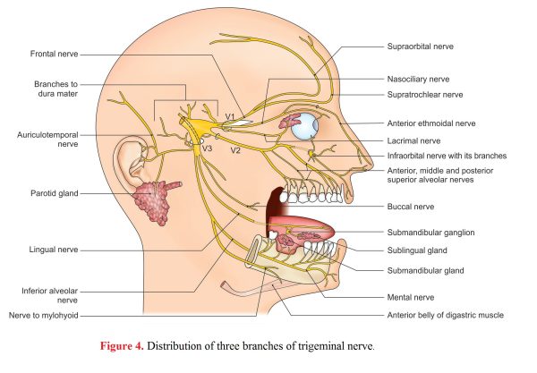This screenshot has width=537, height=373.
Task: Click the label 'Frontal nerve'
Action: (x=54, y=54)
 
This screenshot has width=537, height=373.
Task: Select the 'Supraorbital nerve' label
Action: (x=421, y=47)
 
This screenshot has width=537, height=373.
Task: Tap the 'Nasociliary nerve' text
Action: (x=418, y=80)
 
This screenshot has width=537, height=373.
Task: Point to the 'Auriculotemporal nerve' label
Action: (x=47, y=140)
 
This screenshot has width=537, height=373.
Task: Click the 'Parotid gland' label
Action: (x=55, y=193)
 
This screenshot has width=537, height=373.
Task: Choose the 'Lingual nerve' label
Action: (x=54, y=250)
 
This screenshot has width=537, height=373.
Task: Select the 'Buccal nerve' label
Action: (x=411, y=207)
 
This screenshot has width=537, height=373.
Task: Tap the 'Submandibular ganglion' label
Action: (x=430, y=233)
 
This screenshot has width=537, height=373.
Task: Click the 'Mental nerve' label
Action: (x=411, y=297)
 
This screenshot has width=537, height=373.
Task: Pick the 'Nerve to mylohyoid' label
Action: (x=44, y=316)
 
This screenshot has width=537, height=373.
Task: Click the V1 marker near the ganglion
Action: (x=230, y=117)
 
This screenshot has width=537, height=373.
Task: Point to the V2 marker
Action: (x=235, y=150)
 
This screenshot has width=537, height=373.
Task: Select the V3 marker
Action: (x=208, y=148)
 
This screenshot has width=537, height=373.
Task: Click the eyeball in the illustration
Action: (x=304, y=126)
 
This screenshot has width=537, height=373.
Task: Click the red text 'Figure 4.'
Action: (x=122, y=346)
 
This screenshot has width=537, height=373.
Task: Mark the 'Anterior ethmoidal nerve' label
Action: (x=431, y=123)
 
